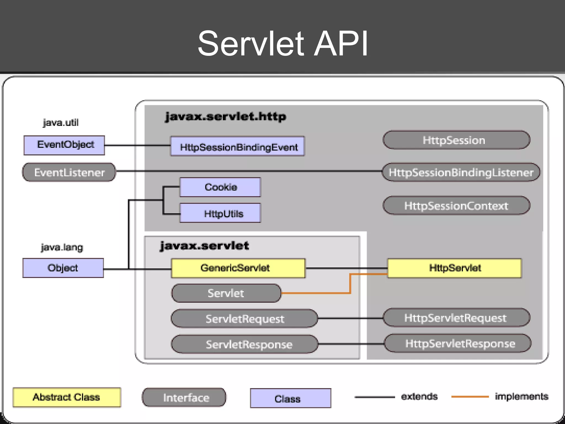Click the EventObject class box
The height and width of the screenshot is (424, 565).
(64, 145)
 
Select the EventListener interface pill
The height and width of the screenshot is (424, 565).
(69, 173)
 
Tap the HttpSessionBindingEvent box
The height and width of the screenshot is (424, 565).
(238, 147)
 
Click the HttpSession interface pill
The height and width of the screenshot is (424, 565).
(456, 140)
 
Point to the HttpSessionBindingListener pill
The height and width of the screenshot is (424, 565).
(461, 173)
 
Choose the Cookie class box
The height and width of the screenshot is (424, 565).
(220, 187)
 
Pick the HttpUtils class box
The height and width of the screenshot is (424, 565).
(220, 213)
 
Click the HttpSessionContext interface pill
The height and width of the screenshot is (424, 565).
(456, 206)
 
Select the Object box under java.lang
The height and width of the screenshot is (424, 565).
(63, 268)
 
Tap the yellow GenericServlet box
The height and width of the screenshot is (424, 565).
(238, 268)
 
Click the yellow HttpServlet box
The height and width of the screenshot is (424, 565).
(454, 268)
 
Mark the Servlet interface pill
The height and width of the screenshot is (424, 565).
(226, 293)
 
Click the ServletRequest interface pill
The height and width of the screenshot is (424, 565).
(244, 319)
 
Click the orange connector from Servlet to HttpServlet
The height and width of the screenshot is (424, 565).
(350, 284)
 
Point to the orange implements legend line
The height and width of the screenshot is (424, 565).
(470, 397)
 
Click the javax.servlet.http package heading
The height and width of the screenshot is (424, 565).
(225, 116)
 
